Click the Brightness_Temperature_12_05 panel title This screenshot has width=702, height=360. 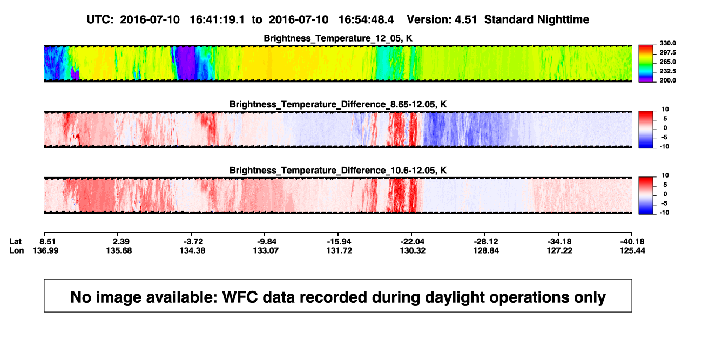[338, 38]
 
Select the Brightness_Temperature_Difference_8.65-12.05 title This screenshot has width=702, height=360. [338, 104]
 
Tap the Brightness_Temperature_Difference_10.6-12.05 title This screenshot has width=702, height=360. [338, 171]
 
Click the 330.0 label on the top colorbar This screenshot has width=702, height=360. [667, 43]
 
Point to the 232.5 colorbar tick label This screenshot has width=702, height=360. [667, 71]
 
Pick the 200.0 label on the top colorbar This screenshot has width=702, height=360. [667, 80]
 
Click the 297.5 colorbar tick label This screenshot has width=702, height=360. [667, 53]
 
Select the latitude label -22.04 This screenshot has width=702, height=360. [412, 242]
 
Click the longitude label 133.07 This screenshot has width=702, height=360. [266, 250]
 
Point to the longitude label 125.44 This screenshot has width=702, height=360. [632, 250]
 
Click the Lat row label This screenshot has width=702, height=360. [15, 242]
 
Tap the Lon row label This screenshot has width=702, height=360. [17, 250]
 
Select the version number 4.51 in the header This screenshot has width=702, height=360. [466, 20]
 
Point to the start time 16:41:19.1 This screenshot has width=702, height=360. [217, 20]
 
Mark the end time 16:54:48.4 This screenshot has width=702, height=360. [366, 20]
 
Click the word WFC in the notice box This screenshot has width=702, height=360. [240, 297]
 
